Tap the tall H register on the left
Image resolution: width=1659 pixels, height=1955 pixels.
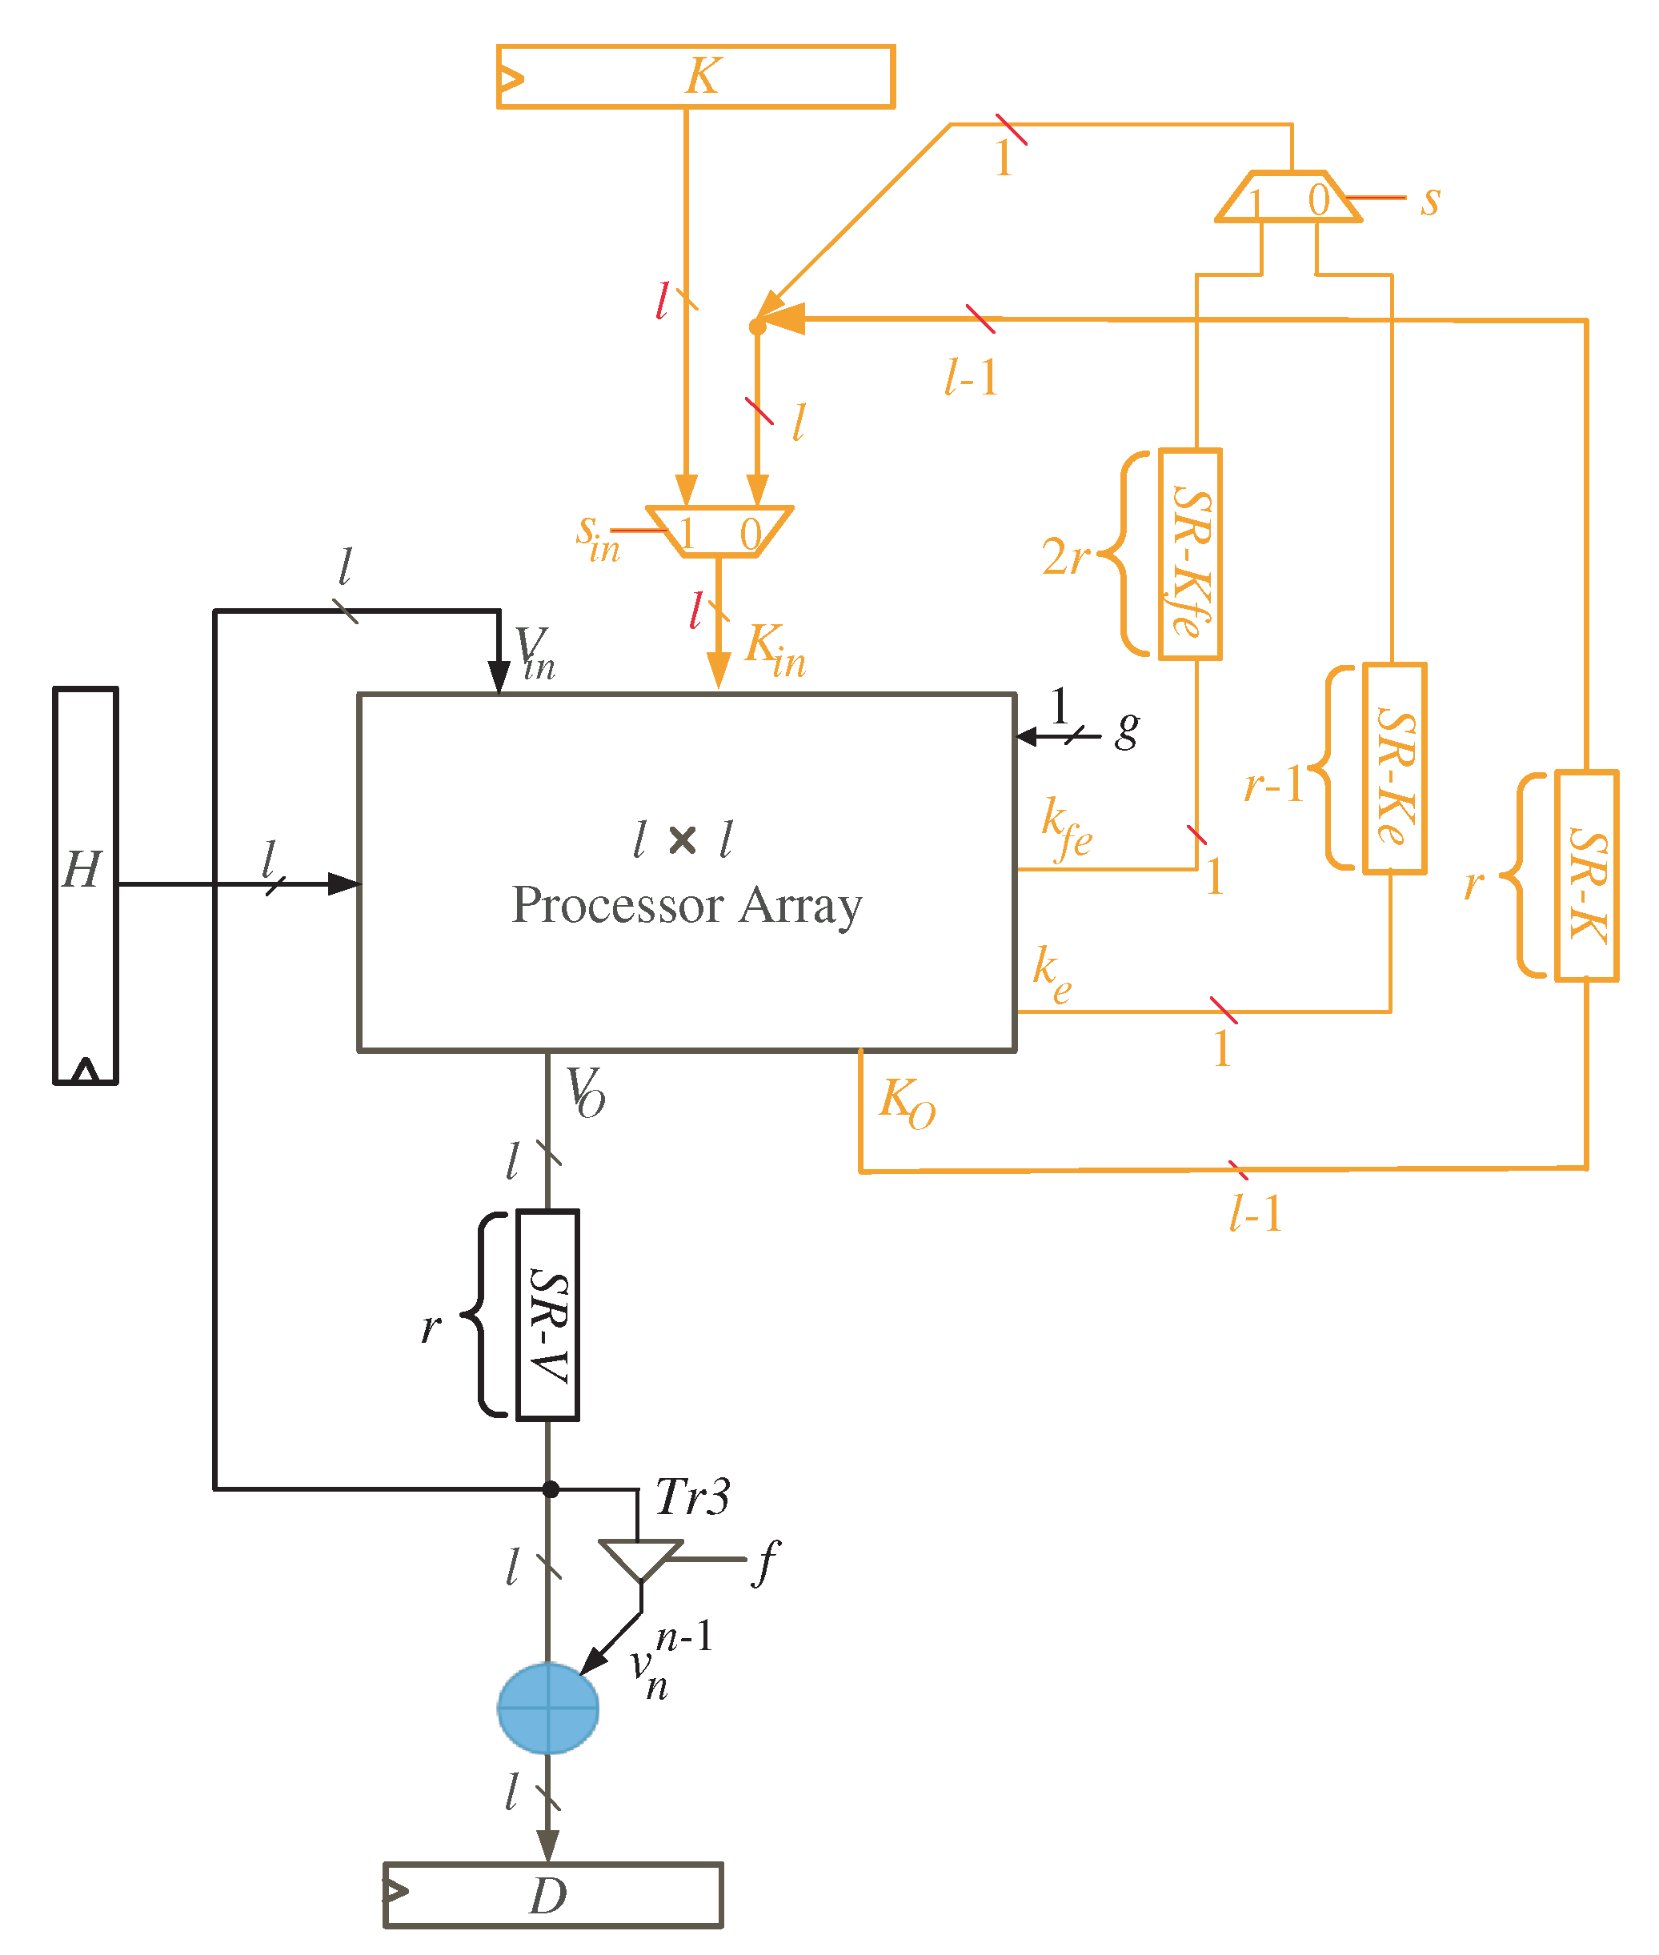[86, 885]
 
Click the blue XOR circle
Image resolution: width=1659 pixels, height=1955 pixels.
[547, 1708]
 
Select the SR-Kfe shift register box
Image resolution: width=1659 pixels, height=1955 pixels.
[1190, 555]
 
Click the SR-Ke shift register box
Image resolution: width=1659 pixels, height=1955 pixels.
[1394, 769]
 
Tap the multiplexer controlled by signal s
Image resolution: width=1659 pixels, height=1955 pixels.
[1288, 197]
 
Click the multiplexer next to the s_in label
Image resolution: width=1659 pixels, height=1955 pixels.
[719, 532]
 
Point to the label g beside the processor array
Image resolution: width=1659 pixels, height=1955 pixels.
[1127, 729]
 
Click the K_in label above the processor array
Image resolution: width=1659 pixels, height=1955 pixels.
[775, 649]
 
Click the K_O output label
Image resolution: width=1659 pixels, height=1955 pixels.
[907, 1102]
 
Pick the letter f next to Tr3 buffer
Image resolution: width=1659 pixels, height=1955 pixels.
[767, 1561]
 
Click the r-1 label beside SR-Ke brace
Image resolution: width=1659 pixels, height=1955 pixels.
[1274, 784]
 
